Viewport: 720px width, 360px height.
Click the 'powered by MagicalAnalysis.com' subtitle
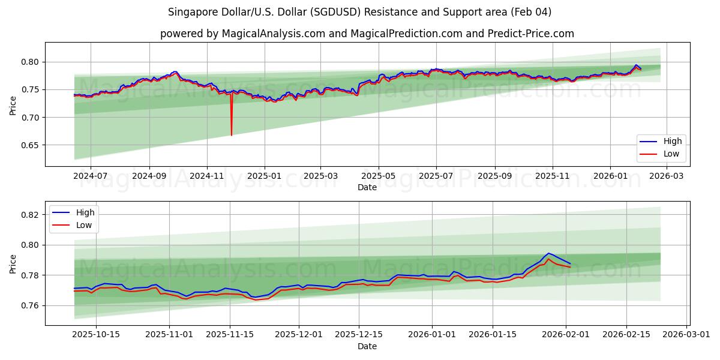pyautogui.click(x=367, y=34)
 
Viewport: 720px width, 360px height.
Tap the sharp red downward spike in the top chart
pyautogui.click(x=232, y=133)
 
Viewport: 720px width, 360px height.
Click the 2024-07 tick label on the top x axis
pyautogui.click(x=91, y=176)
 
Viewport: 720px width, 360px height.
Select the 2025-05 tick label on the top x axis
pyautogui.click(x=379, y=176)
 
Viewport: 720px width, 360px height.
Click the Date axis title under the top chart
pyautogui.click(x=367, y=187)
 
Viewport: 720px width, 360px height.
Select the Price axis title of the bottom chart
pyautogui.click(x=13, y=263)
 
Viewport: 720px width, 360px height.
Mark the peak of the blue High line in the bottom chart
pyautogui.click(x=548, y=253)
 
